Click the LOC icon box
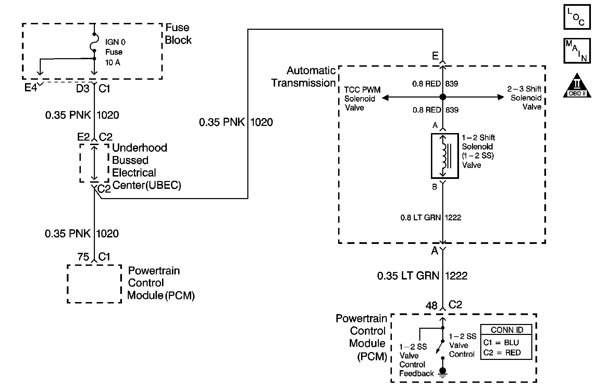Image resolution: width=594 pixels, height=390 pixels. pyautogui.click(x=577, y=17)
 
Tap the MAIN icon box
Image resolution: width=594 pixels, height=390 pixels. pyautogui.click(x=577, y=51)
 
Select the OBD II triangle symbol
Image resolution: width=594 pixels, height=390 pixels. pyautogui.click(x=577, y=86)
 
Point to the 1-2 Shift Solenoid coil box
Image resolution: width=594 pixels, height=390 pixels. pyautogui.click(x=445, y=156)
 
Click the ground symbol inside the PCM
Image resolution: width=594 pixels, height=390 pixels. pyautogui.click(x=443, y=371)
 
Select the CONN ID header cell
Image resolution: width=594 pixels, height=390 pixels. pyautogui.click(x=506, y=330)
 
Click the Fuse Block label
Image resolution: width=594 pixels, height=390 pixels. pyautogui.click(x=178, y=34)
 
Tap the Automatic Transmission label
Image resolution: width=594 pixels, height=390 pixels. pyautogui.click(x=304, y=77)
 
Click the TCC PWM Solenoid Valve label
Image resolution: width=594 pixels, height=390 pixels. pyautogui.click(x=362, y=99)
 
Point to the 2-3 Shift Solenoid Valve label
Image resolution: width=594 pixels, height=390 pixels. pyautogui.click(x=524, y=98)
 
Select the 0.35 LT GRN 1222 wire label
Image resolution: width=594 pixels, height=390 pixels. pyautogui.click(x=422, y=276)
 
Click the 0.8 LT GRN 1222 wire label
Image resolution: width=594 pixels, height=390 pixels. pyautogui.click(x=431, y=218)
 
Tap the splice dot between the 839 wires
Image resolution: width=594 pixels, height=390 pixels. pyautogui.click(x=443, y=97)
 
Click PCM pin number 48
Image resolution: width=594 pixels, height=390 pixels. pyautogui.click(x=432, y=305)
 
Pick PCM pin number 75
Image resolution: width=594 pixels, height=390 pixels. pyautogui.click(x=83, y=257)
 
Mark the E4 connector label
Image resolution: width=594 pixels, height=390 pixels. pyautogui.click(x=30, y=88)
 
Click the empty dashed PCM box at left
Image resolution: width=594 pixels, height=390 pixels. pyautogui.click(x=94, y=284)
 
